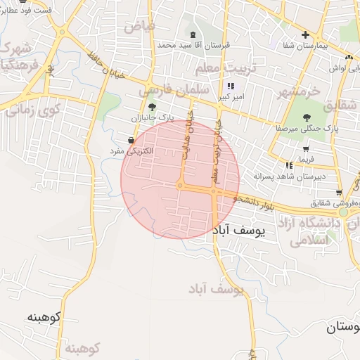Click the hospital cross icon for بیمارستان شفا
[305, 34]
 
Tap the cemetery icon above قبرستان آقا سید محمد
[193, 34]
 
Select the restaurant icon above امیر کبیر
[230, 86]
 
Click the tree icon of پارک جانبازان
[153, 106]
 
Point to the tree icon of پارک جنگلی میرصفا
[306, 118]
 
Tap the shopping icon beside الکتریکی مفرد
[131, 141]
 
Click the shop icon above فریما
[306, 149]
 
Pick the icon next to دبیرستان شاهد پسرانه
[289, 165]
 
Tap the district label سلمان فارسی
[169, 91]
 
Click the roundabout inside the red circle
[181, 186]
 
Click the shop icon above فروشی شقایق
[339, 193]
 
